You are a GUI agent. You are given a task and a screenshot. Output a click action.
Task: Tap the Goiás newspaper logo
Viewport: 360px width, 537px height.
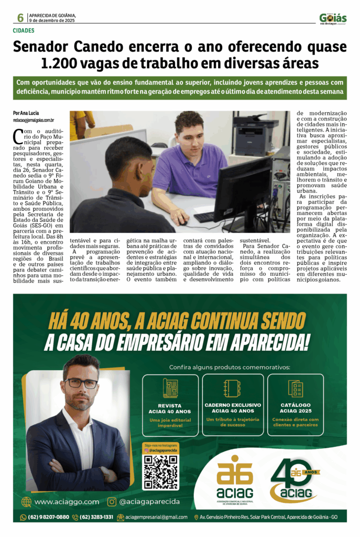pyautogui.click(x=333, y=18)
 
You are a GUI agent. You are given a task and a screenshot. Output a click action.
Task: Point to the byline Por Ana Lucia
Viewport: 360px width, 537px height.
pyautogui.click(x=27, y=113)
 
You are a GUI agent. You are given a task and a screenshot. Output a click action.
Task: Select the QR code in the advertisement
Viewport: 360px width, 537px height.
pyautogui.click(x=160, y=472)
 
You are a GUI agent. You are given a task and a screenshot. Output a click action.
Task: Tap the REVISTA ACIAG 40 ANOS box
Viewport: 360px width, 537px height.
pyautogui.click(x=170, y=404)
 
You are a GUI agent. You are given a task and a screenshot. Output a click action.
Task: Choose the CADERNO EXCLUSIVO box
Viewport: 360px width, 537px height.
pyautogui.click(x=233, y=404)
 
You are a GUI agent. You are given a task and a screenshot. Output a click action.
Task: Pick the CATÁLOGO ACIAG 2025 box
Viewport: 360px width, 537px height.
pyautogui.click(x=295, y=404)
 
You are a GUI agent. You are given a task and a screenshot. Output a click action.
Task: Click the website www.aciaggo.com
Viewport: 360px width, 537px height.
pyautogui.click(x=67, y=502)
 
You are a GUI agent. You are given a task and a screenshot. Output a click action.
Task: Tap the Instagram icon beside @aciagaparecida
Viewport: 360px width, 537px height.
pyautogui.click(x=112, y=502)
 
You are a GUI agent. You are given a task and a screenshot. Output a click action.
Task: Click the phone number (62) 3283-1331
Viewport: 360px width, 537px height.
pyautogui.click(x=96, y=517)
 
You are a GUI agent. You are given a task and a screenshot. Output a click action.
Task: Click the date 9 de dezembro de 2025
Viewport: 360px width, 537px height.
pyautogui.click(x=52, y=20)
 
